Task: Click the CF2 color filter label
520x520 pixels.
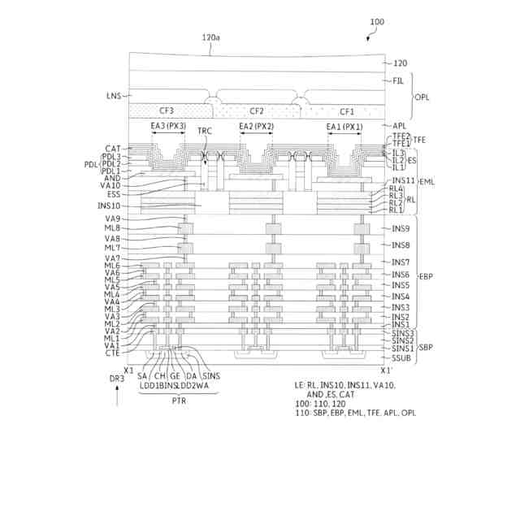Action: point(257,111)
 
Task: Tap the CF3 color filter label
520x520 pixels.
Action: point(167,111)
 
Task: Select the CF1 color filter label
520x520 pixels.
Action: point(347,111)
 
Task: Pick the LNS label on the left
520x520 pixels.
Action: point(112,95)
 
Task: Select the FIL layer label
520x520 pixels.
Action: point(398,80)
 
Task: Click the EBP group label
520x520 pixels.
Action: point(424,277)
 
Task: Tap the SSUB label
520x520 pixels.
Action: point(401,357)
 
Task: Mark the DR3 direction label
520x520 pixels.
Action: point(118,378)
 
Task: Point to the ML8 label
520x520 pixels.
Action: point(112,228)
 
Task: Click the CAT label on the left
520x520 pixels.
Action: point(113,148)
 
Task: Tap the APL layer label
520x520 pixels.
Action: point(399,126)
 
